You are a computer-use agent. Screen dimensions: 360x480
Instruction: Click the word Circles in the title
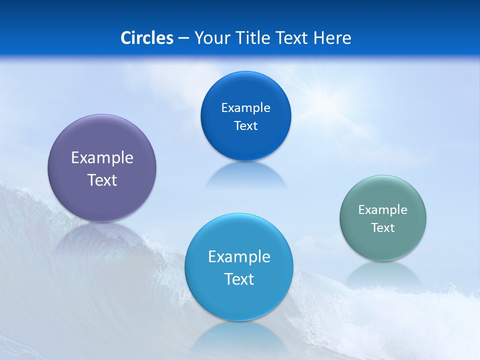click(147, 38)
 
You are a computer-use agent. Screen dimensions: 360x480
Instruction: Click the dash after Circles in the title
click(183, 38)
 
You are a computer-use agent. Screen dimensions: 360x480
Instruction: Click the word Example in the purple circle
click(102, 158)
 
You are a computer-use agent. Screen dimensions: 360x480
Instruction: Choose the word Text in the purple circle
click(102, 180)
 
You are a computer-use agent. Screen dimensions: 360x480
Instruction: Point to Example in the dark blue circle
click(246, 108)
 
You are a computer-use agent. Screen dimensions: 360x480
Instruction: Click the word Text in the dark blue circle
click(246, 125)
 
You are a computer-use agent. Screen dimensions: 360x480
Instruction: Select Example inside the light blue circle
click(239, 257)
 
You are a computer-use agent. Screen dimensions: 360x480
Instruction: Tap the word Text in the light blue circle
click(239, 279)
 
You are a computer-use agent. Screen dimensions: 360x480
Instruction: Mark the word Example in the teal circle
click(383, 210)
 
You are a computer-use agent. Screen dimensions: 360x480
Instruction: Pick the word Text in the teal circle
click(383, 228)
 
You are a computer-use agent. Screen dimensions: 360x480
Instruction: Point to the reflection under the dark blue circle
click(246, 176)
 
